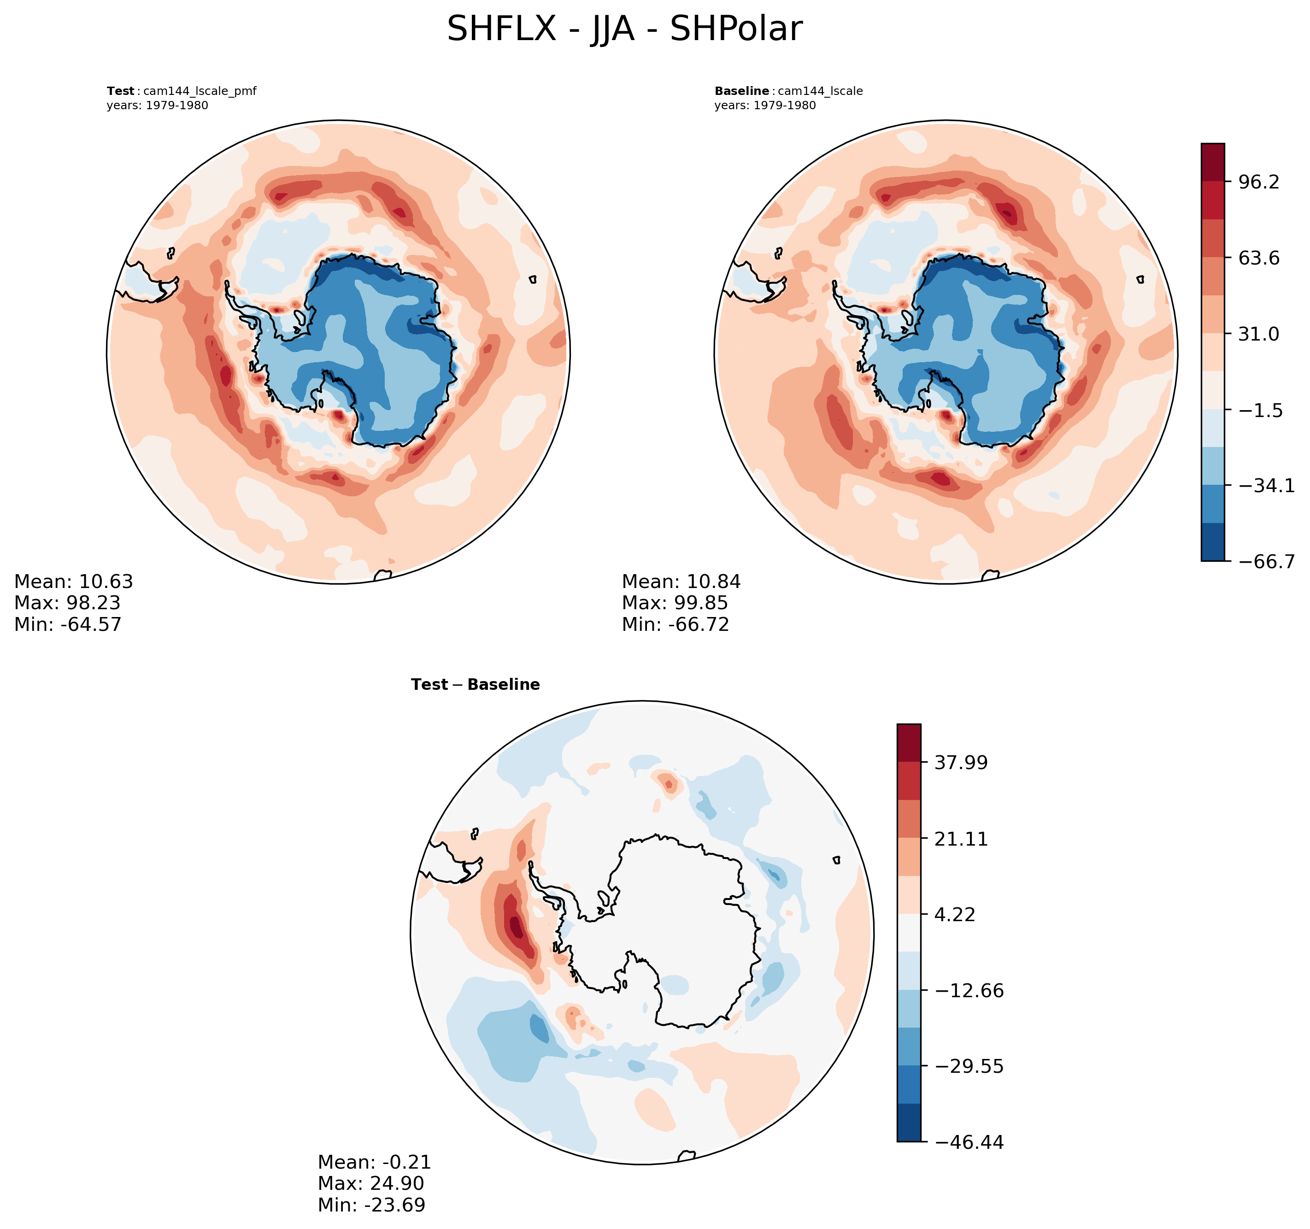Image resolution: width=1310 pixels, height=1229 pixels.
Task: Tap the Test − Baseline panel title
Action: (x=475, y=685)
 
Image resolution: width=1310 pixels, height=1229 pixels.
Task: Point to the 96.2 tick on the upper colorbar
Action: (x=1258, y=182)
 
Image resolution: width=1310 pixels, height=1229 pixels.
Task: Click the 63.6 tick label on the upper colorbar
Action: (x=1258, y=258)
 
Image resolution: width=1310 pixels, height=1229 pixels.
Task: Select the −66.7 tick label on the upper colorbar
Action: (x=1267, y=561)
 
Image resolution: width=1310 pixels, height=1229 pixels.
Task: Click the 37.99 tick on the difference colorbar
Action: (x=961, y=763)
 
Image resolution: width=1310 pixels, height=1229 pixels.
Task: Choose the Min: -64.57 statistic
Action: (x=68, y=624)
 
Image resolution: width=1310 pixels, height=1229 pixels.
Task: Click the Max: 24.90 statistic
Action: (x=370, y=1183)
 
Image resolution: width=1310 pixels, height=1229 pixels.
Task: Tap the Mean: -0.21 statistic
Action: (x=374, y=1162)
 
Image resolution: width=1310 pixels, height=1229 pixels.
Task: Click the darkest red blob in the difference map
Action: (x=516, y=929)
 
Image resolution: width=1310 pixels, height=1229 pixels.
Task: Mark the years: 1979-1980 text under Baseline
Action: (x=764, y=106)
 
